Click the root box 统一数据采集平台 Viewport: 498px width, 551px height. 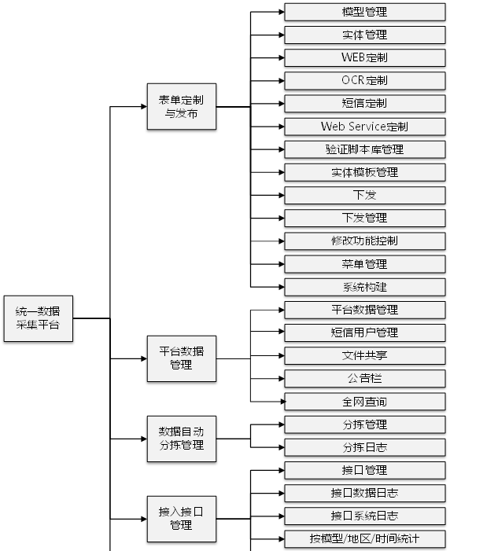[x=37, y=318]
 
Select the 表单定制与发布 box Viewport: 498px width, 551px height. [x=182, y=107]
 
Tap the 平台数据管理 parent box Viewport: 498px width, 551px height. [x=182, y=358]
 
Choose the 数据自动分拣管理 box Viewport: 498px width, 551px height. [x=182, y=438]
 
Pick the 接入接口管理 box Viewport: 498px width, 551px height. [x=182, y=518]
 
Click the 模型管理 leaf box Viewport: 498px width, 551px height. [x=364, y=12]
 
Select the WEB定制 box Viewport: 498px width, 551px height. [x=364, y=57]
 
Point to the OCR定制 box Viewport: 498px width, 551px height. [x=364, y=80]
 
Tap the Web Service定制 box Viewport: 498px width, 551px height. [x=364, y=126]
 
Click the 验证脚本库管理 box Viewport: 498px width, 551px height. [x=364, y=149]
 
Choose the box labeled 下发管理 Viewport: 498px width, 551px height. [x=364, y=218]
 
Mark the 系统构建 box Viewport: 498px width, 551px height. [x=364, y=287]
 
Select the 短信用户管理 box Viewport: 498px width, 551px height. [x=364, y=332]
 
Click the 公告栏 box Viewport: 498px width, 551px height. [x=364, y=378]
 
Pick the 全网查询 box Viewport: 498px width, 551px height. [x=364, y=402]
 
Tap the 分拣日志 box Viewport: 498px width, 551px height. [x=364, y=447]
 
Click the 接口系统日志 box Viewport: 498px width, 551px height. [x=364, y=516]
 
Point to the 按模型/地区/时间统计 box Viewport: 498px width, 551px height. [x=364, y=539]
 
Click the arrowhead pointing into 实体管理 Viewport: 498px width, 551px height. [x=280, y=35]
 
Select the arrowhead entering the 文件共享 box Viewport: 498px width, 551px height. [x=280, y=355]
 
